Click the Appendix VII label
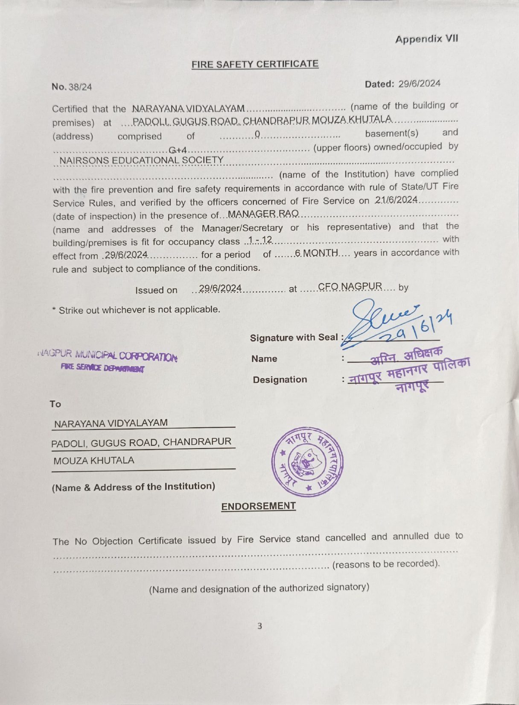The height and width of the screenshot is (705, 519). click(426, 39)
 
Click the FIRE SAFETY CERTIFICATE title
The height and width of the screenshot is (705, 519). click(255, 64)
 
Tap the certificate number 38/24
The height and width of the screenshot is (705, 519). click(80, 87)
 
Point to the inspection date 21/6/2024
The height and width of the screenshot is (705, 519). click(396, 200)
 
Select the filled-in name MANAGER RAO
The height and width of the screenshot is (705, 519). click(263, 214)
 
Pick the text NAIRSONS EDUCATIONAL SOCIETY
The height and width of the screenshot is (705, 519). click(141, 160)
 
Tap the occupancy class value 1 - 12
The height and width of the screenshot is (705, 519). click(260, 240)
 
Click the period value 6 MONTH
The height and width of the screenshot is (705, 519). click(316, 253)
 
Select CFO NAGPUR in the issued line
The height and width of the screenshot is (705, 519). click(350, 286)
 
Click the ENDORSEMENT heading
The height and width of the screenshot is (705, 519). click(258, 506)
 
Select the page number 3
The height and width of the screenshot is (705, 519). click(259, 626)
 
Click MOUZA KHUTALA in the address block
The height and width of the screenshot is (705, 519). click(94, 461)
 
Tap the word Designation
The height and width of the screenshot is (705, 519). click(280, 379)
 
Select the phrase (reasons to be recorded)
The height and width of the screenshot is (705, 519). click(386, 564)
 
